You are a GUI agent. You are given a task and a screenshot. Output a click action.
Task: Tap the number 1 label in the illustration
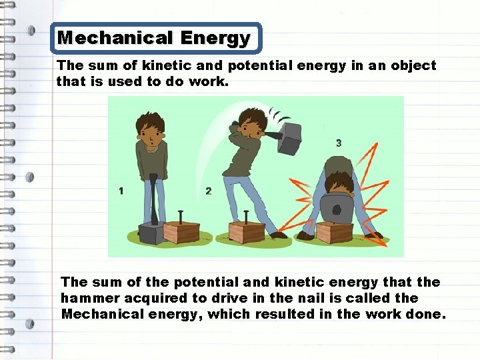point(121,191)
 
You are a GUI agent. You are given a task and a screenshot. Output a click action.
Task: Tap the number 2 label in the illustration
point(209,191)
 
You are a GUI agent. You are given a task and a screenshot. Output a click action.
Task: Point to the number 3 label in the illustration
point(339,143)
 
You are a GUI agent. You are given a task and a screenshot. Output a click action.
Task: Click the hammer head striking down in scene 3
point(337,210)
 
